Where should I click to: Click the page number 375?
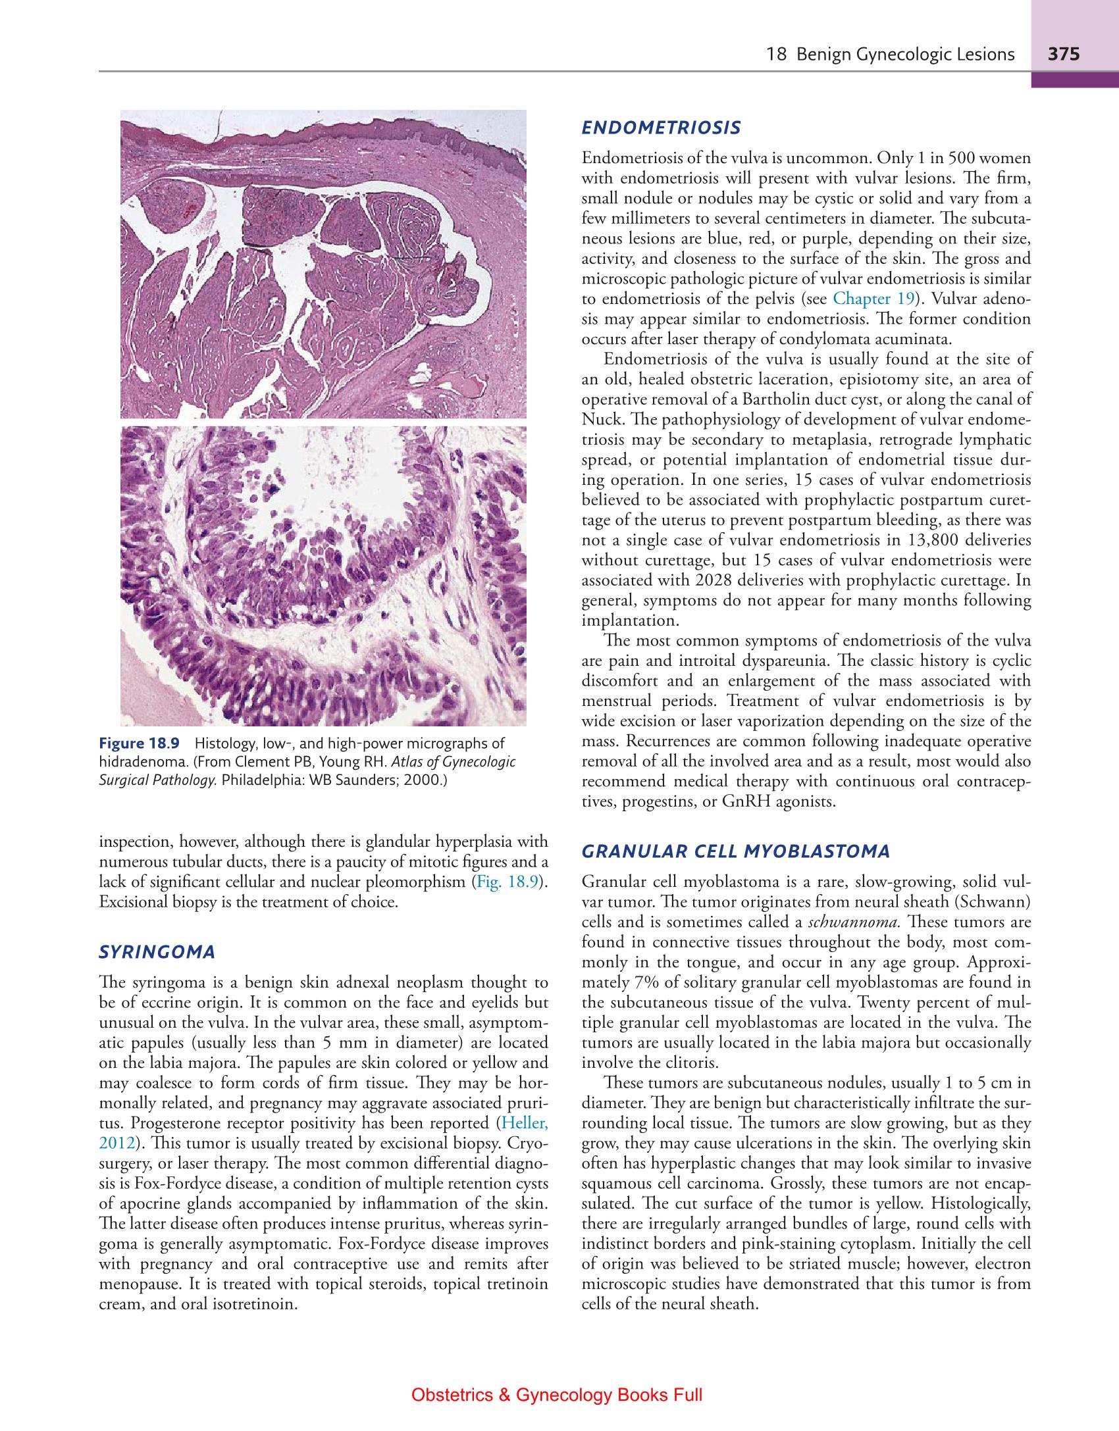[x=1064, y=54]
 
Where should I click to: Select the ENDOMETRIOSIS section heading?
[x=662, y=128]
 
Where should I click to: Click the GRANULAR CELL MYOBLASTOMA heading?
[x=736, y=851]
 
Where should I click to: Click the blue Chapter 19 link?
[x=873, y=299]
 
